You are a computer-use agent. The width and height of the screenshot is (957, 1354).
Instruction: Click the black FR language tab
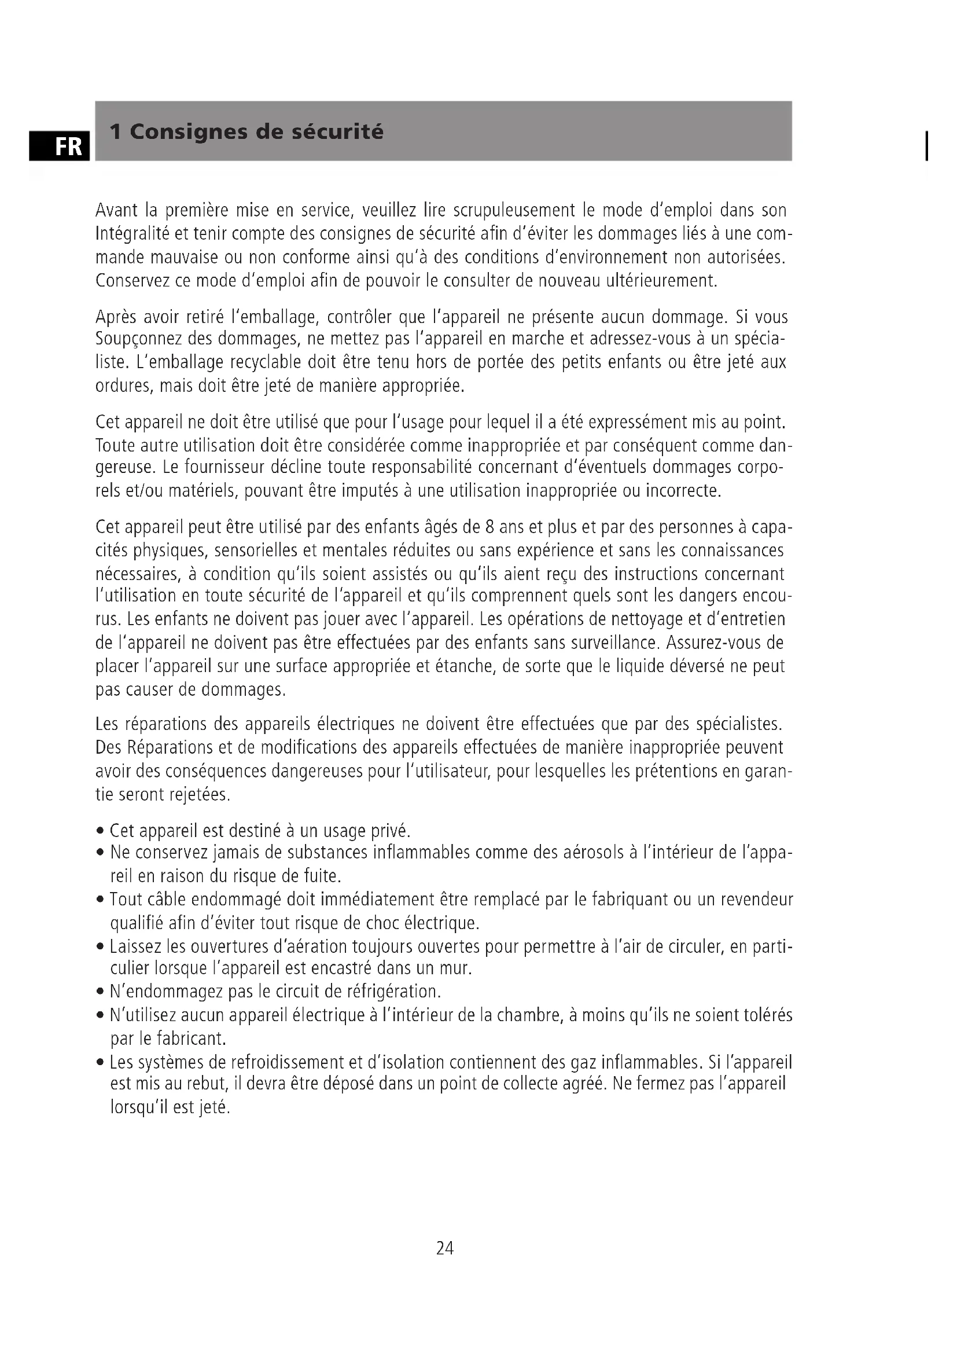click(x=59, y=146)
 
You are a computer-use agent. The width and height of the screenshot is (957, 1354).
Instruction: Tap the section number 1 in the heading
click(x=116, y=131)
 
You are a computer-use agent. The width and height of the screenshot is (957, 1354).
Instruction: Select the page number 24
click(x=445, y=1248)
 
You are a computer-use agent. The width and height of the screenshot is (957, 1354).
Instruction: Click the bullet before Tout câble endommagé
click(x=100, y=901)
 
